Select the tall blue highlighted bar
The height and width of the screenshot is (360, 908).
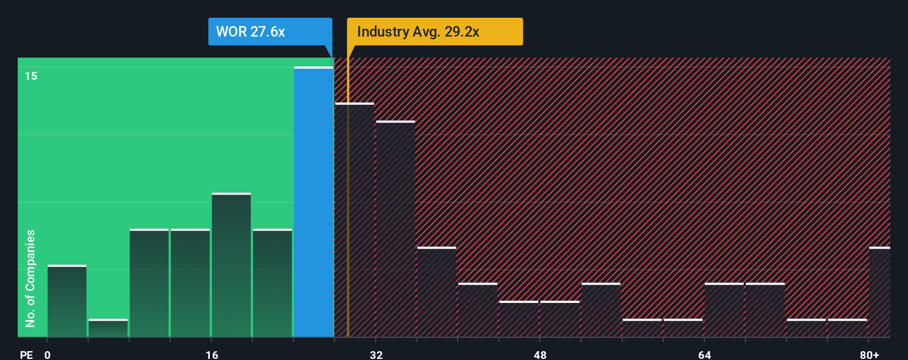coord(313,202)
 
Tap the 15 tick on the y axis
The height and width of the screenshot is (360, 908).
coord(31,76)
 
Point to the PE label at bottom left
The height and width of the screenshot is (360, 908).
coord(26,354)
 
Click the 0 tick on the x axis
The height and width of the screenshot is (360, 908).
coord(48,354)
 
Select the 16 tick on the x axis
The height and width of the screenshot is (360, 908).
coord(211,354)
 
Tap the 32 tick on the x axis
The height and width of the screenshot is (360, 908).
coord(376,354)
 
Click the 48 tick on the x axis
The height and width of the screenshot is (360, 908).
coord(540,354)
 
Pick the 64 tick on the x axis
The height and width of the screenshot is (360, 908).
coord(704,354)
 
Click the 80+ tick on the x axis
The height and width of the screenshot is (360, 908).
coord(869,354)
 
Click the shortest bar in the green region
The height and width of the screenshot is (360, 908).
coord(108,328)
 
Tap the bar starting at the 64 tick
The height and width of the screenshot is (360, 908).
coord(724,310)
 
